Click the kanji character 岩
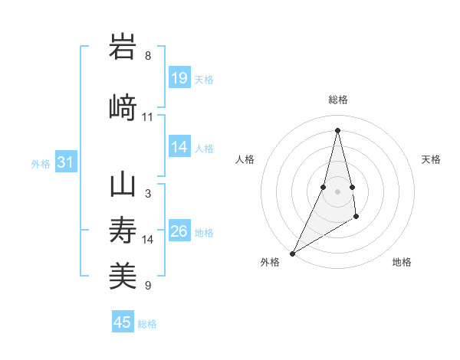pyautogui.click(x=123, y=47)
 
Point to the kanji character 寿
pyautogui.click(x=123, y=231)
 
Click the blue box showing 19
pyautogui.click(x=179, y=77)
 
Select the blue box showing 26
pyautogui.click(x=179, y=231)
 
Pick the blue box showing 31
pyautogui.click(x=65, y=162)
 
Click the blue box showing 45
pyautogui.click(x=123, y=322)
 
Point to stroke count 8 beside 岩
pyautogui.click(x=148, y=56)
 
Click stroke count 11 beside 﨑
pyautogui.click(x=148, y=117)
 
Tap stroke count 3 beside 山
pyautogui.click(x=148, y=194)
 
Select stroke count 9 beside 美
pyautogui.click(x=148, y=286)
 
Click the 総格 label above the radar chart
pyautogui.click(x=337, y=100)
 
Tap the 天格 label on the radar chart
pyautogui.click(x=432, y=159)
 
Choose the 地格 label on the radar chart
pyautogui.click(x=402, y=262)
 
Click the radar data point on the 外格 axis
pyautogui.click(x=291, y=253)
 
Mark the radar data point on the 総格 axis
pyautogui.click(x=337, y=130)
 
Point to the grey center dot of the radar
pyautogui.click(x=337, y=191)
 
